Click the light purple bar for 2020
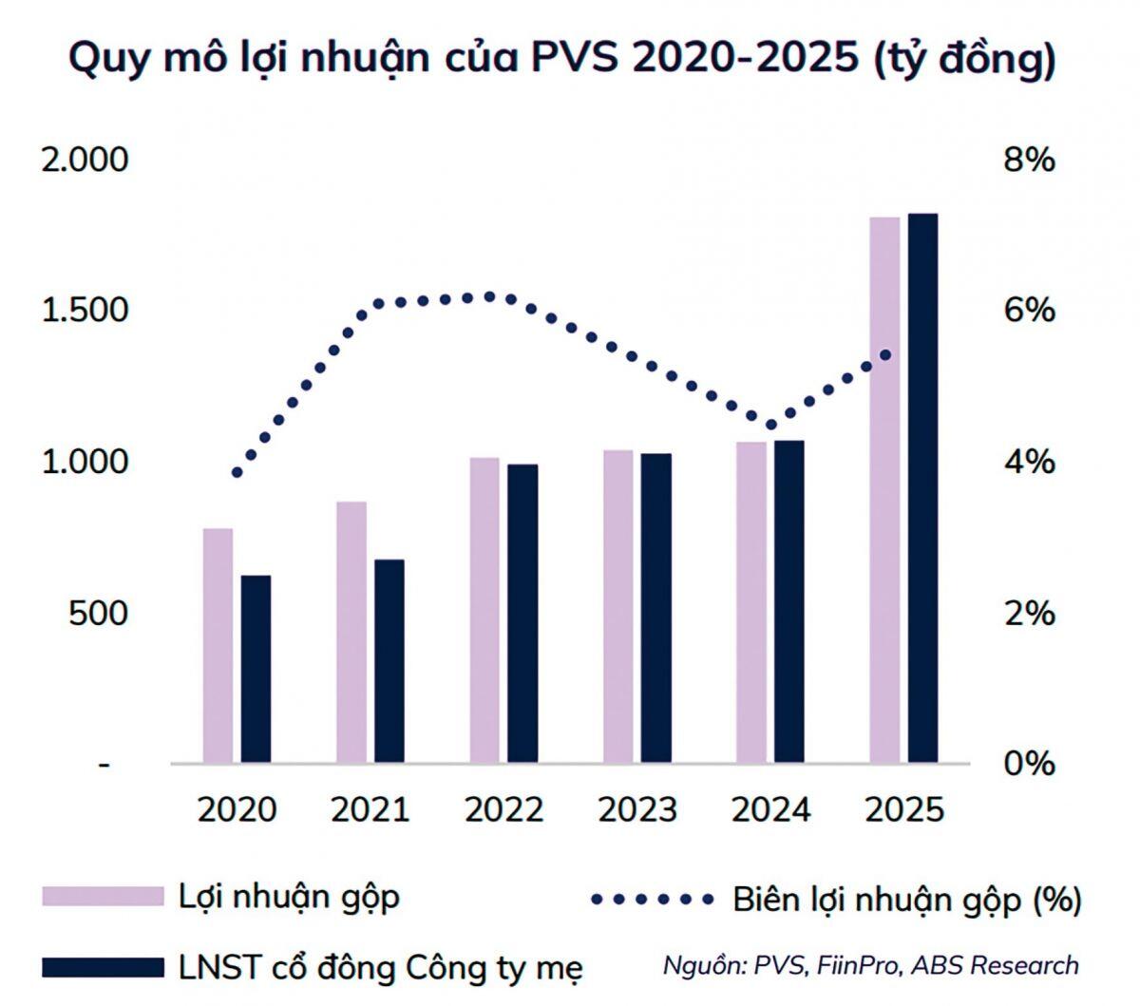pos(218,645)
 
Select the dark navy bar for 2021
pos(389,660)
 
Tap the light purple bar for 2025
pos(884,489)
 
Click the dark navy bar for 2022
pos(522,613)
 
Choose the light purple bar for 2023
pos(617,605)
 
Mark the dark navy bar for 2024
pos(788,600)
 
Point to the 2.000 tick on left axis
pos(85,160)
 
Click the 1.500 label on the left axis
pos(85,311)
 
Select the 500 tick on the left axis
pos(97,613)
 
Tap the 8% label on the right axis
pos(1029,160)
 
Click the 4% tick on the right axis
pos(1029,463)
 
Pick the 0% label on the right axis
pos(1029,764)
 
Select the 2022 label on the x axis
pos(503,810)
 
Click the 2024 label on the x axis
pos(770,810)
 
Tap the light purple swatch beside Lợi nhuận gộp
pos(103,897)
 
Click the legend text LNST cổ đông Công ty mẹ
pos(380,968)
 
